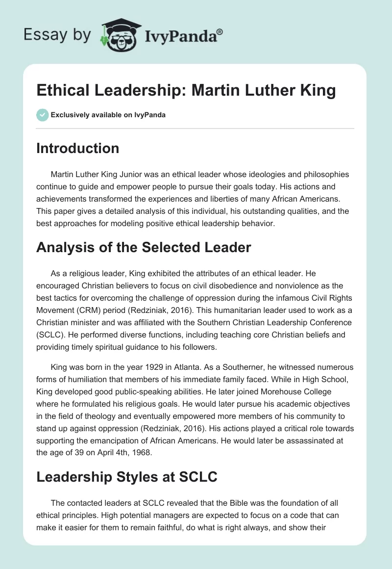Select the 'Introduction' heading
point(77,148)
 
